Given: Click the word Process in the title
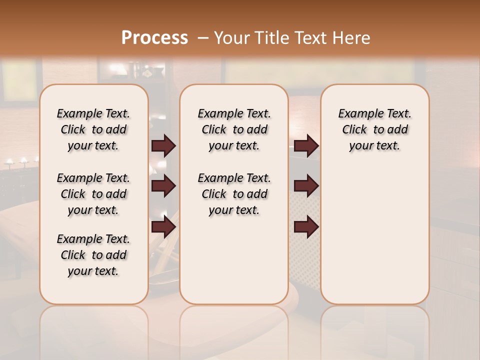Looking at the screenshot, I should pos(154,38).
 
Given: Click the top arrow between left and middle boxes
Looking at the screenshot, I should pos(163,146).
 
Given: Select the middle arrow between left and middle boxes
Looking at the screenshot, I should pos(163,186).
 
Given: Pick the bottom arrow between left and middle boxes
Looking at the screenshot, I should pos(163,227).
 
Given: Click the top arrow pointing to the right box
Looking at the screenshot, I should pos(306,146).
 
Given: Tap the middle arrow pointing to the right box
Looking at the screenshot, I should pos(306,186).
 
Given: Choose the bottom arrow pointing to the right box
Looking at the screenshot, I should pos(306,227).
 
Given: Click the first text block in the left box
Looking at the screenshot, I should pos(93,129).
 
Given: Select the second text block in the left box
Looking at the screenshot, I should pos(93,194).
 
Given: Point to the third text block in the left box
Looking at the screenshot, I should pos(93,255).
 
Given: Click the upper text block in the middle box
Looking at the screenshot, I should pos(234,129).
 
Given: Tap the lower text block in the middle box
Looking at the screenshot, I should pos(234,194).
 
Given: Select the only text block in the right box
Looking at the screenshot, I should pos(375,129).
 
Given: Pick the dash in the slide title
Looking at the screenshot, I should pos(203,38).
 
